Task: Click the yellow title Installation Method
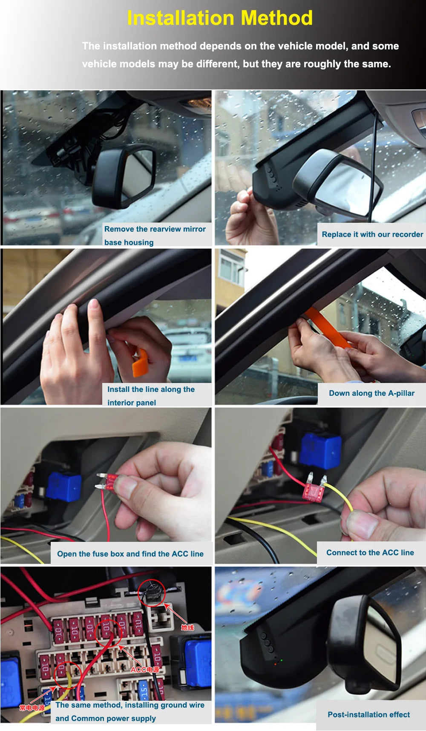point(220,18)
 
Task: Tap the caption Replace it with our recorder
point(372,234)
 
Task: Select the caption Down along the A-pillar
point(371,393)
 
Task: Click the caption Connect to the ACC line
point(370,553)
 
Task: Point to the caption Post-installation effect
point(368,714)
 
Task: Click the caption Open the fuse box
point(130,554)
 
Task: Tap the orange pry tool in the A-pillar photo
point(328,328)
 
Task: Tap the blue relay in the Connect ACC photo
point(320,451)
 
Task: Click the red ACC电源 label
point(145,669)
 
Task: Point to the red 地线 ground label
point(187,627)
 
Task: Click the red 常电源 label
point(32,708)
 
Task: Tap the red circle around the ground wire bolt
point(152,593)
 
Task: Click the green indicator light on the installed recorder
point(281,660)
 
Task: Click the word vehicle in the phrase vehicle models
point(97,64)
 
